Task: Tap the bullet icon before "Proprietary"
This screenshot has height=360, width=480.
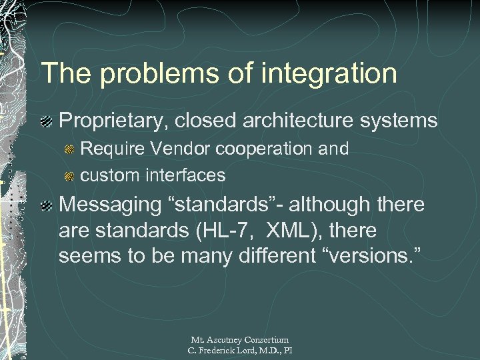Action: click(x=48, y=121)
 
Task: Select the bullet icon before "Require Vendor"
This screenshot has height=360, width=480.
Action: click(x=69, y=149)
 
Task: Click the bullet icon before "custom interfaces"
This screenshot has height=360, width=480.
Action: click(x=69, y=176)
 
